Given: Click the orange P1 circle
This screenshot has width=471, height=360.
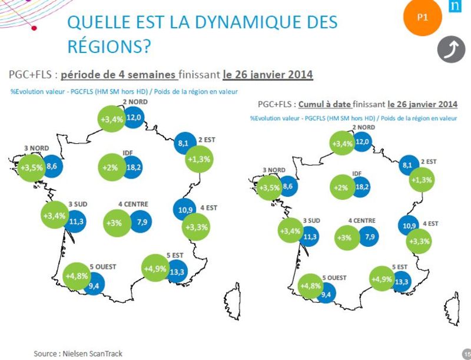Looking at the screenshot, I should click(x=422, y=17).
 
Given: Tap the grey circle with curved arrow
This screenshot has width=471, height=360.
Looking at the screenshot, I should click(x=451, y=51).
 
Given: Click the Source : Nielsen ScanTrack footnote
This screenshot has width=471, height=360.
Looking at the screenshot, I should click(x=78, y=353).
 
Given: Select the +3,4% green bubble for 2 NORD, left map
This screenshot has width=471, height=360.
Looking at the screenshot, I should click(x=112, y=118).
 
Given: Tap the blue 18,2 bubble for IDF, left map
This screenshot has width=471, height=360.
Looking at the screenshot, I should click(x=134, y=167).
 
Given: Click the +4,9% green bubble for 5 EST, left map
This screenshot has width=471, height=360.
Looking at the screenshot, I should click(x=156, y=269).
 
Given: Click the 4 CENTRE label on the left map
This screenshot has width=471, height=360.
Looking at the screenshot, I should click(x=132, y=204).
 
